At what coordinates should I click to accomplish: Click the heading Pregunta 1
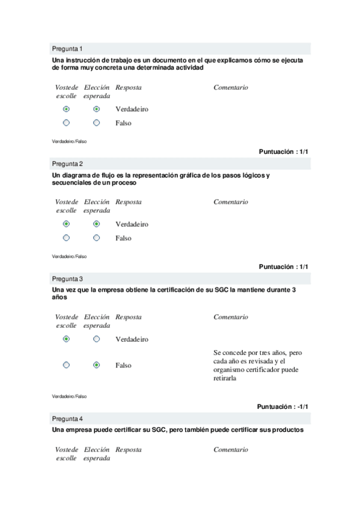pos(67,49)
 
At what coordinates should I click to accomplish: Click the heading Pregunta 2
pos(67,164)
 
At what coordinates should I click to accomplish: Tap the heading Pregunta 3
pos(67,279)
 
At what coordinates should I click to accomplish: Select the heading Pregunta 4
pos(67,418)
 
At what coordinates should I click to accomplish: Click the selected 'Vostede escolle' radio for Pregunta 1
pos(66,109)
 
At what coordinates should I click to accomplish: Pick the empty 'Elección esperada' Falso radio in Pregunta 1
pos(97,123)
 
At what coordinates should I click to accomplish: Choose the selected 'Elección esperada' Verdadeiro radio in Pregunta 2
pos(97,224)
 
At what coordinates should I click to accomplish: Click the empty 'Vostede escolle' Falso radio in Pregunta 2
pos(66,238)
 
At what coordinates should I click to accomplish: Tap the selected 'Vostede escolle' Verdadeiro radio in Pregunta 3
pos(66,339)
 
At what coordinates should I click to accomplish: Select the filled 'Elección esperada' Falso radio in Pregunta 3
pos(97,365)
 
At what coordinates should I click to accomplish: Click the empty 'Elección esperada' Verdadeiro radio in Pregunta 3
pos(97,339)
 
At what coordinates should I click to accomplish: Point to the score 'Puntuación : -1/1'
pos(282,407)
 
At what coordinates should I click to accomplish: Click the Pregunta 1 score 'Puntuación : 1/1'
pos(284,152)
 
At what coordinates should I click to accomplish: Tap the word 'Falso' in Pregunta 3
pos(123,365)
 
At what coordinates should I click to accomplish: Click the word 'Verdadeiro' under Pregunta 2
pos(132,224)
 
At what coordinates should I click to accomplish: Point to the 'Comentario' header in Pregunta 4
pos(230,449)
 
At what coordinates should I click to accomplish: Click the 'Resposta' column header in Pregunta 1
pos(129,87)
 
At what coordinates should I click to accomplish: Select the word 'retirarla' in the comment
pos(225,379)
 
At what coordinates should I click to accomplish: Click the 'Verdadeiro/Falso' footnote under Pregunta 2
pos(69,256)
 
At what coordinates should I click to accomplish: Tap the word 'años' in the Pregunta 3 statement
pos(59,298)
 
